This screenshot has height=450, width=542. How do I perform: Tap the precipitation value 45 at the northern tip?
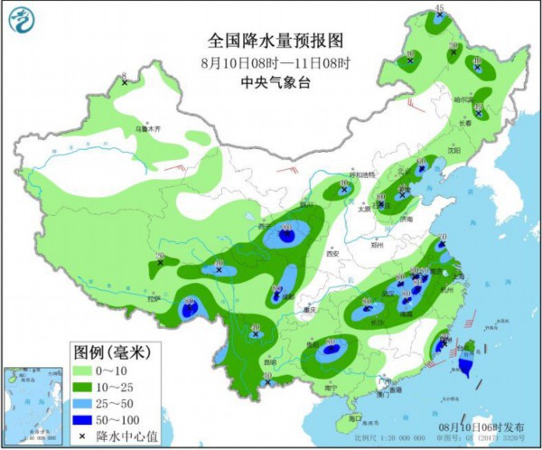(439, 8)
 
